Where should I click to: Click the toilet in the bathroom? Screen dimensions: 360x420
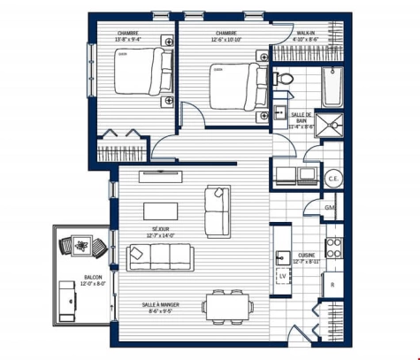pos(284,80)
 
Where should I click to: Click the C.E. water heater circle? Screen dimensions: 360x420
pos(333,177)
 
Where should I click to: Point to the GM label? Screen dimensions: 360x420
pos(329,208)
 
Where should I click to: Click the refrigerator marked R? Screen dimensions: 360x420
pos(332,285)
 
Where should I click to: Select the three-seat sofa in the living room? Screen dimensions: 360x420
pos(160,257)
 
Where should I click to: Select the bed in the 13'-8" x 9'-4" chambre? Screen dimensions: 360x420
pos(143,73)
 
